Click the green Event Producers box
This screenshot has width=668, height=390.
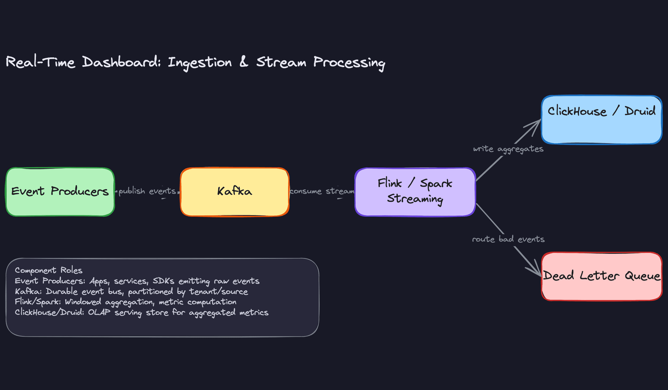click(60, 192)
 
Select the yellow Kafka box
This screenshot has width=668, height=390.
click(234, 192)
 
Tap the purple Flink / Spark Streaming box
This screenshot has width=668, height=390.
click(415, 192)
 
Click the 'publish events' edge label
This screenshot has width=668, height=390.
click(147, 191)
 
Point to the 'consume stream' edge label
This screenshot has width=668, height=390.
click(322, 191)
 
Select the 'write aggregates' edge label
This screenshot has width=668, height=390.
click(508, 149)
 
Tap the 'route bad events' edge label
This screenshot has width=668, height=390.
click(508, 239)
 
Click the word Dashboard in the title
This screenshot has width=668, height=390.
click(121, 63)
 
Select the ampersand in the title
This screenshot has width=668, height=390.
click(244, 62)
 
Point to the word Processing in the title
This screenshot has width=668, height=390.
click(349, 63)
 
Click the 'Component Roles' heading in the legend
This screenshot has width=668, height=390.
click(48, 270)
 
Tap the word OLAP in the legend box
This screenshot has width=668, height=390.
click(99, 312)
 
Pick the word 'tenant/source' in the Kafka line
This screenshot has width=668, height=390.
click(218, 291)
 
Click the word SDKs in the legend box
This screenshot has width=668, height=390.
click(163, 281)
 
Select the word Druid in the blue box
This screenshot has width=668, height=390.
click(640, 111)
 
